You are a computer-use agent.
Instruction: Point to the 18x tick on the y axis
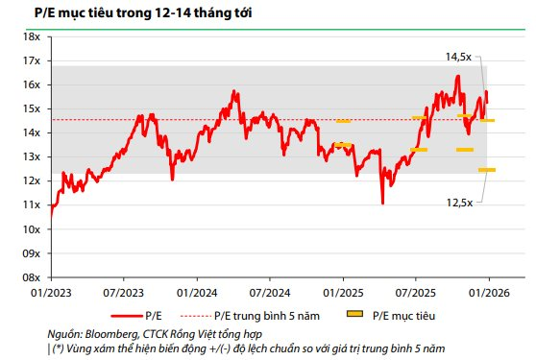point(31,36)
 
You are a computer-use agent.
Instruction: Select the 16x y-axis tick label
point(31,84)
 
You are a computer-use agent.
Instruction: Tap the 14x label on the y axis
point(31,132)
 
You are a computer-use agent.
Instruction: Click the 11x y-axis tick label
point(31,204)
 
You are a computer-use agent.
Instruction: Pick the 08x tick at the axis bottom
point(31,276)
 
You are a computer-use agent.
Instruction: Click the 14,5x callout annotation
point(461,58)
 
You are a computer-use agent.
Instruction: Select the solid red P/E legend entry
point(144,314)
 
